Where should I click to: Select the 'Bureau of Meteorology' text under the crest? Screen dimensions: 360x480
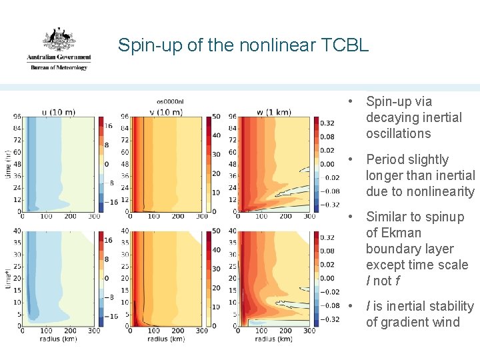(59, 68)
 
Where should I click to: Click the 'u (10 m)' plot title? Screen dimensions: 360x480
(59, 111)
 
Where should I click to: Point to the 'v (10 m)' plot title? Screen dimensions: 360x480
(165, 111)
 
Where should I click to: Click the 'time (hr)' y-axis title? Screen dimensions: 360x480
(7, 164)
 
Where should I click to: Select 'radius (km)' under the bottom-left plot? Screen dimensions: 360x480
(59, 339)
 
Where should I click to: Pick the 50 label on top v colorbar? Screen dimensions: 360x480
(216, 117)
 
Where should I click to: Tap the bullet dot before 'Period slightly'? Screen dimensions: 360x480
(350, 159)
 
